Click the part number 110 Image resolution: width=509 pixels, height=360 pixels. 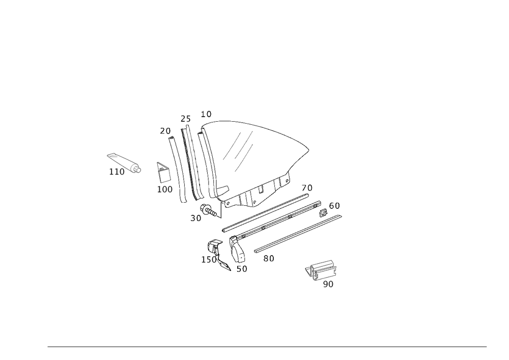(117, 173)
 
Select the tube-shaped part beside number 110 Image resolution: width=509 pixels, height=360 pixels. (124, 162)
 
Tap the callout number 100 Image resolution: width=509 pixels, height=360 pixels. (164, 189)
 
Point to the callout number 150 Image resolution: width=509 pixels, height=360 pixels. (210, 260)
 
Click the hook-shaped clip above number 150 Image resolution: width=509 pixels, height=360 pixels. (214, 248)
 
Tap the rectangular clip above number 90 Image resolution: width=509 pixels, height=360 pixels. (321, 268)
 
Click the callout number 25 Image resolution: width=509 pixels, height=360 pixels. (185, 119)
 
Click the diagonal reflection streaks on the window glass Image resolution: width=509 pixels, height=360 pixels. (239, 150)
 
